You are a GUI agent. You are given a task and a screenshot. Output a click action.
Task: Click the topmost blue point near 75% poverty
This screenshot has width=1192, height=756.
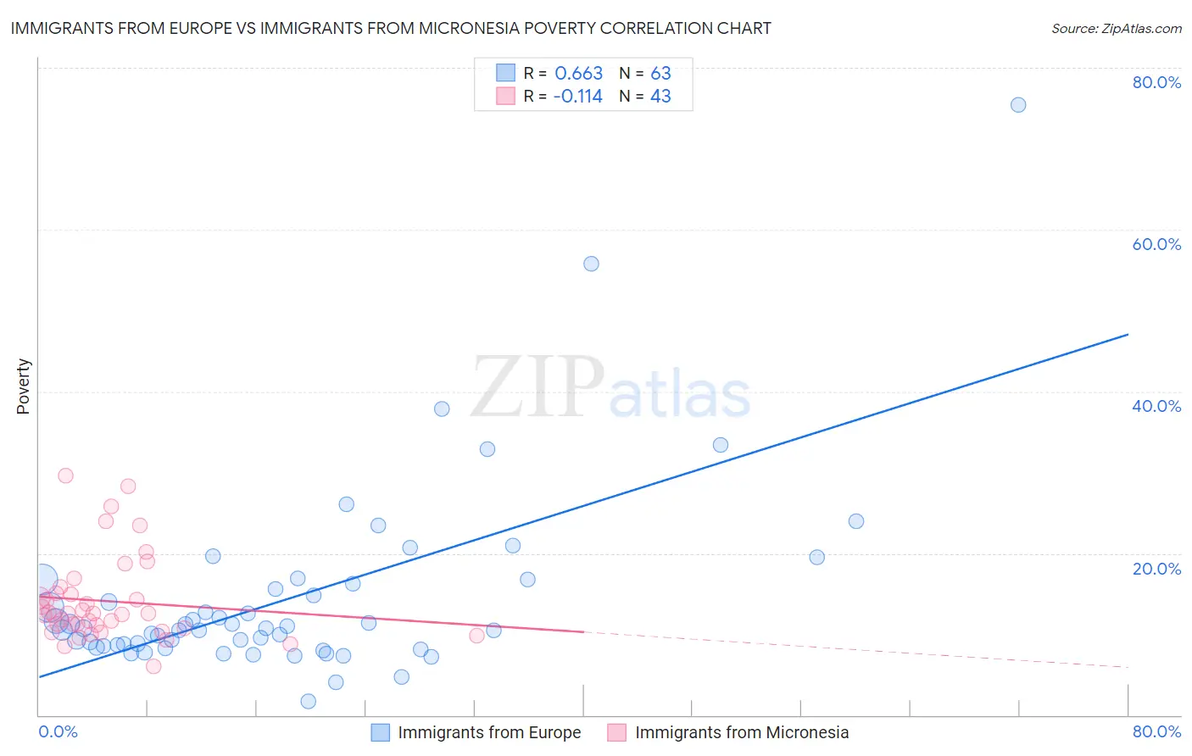tap(1018, 105)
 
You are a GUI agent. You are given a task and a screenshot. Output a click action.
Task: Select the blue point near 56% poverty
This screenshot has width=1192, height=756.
tap(591, 264)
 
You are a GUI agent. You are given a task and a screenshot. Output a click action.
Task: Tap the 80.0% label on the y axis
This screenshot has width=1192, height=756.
tap(1156, 82)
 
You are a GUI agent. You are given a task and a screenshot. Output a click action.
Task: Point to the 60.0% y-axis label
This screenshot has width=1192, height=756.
tap(1156, 244)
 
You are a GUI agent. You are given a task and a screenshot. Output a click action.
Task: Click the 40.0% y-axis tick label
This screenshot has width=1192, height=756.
tap(1156, 406)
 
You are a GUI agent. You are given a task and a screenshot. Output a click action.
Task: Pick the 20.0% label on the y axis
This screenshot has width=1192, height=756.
tap(1156, 569)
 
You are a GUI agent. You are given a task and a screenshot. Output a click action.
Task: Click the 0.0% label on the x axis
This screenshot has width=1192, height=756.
tap(58, 731)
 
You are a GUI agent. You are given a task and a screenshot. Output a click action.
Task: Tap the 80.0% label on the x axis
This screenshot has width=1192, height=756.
tap(1156, 731)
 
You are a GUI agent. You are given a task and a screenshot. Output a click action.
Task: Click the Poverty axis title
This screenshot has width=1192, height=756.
tap(23, 386)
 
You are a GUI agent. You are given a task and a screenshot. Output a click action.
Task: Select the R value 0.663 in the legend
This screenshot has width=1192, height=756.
tap(578, 74)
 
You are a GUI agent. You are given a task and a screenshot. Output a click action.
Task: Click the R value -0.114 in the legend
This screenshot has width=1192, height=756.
tap(577, 97)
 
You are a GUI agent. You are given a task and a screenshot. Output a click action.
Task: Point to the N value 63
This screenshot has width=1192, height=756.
tap(660, 74)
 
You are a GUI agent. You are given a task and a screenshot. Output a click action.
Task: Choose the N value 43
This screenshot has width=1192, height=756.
tap(660, 97)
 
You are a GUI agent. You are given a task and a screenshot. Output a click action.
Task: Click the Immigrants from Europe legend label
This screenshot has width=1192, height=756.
tap(489, 732)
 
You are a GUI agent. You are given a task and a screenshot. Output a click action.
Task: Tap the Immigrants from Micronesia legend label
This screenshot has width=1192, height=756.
tap(741, 732)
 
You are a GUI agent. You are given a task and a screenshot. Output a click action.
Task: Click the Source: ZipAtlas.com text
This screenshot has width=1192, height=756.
tap(1116, 29)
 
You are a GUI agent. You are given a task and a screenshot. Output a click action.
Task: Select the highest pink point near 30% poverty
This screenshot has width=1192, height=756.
tap(65, 475)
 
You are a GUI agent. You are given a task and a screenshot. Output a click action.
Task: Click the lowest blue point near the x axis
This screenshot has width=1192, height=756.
tap(308, 701)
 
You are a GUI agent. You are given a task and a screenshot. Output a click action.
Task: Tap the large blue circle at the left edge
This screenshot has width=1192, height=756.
tap(42, 580)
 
